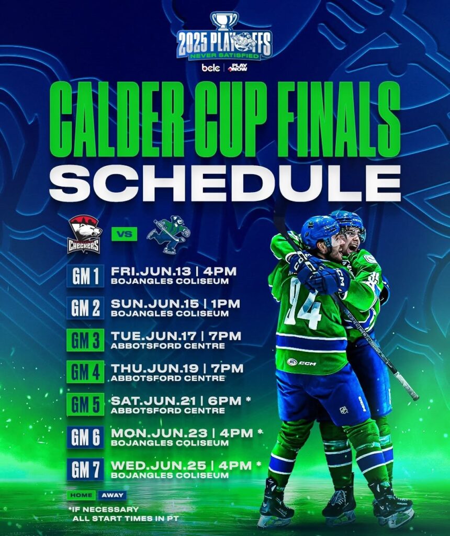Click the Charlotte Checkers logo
tap(84, 234)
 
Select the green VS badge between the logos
tap(125, 234)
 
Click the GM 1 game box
tap(85, 276)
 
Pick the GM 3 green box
tap(85, 340)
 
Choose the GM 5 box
tap(85, 405)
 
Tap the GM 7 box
tap(85, 469)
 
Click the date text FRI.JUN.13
tap(151, 272)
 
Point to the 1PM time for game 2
tap(226, 304)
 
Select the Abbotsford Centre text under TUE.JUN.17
tap(168, 346)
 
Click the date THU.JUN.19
tap(154, 368)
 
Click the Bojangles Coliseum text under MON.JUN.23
tap(170, 443)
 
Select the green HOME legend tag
tap(81, 495)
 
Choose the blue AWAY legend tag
tap(113, 495)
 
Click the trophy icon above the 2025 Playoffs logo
tap(224, 21)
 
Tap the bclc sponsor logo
tap(210, 68)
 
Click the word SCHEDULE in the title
tap(224, 183)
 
